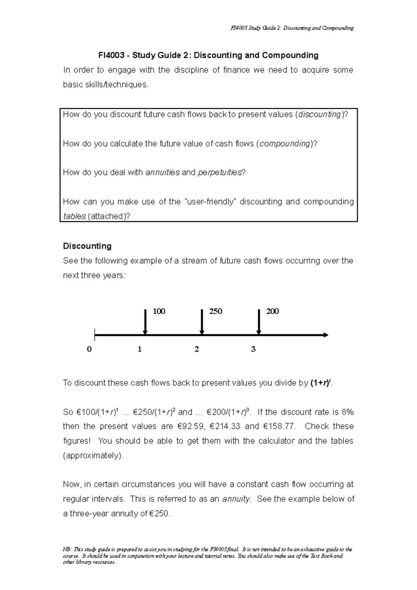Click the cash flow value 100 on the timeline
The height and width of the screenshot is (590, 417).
coord(159,311)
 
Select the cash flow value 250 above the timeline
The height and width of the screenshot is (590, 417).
coord(215,311)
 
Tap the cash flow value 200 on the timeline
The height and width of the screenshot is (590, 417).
coord(272,311)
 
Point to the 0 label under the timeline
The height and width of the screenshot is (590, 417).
coord(89,350)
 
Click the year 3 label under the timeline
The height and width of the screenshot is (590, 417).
coord(253,350)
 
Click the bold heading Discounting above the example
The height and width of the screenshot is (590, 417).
coord(87,246)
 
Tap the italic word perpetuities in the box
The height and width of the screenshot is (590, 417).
coord(219,172)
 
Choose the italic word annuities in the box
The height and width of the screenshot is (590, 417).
coord(162,172)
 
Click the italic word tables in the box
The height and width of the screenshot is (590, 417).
coord(74,216)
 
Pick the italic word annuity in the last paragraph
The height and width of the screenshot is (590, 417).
coord(236,499)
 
